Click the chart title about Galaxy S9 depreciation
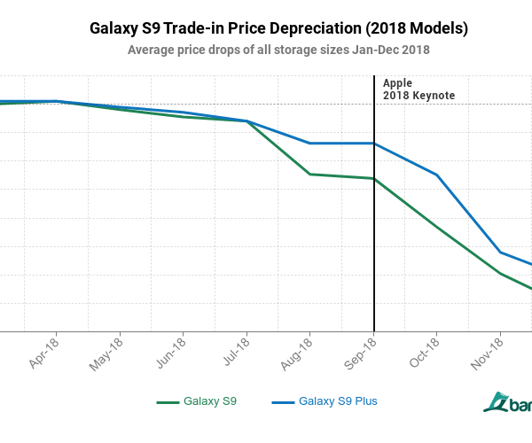point(279,28)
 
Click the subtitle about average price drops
point(278,50)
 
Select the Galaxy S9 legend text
point(210,401)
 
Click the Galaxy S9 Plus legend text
point(338,401)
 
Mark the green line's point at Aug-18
point(309,174)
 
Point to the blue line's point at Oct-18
point(437,175)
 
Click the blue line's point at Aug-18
point(309,143)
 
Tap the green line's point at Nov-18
point(501,273)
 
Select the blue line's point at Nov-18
point(501,253)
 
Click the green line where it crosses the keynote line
point(374,178)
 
